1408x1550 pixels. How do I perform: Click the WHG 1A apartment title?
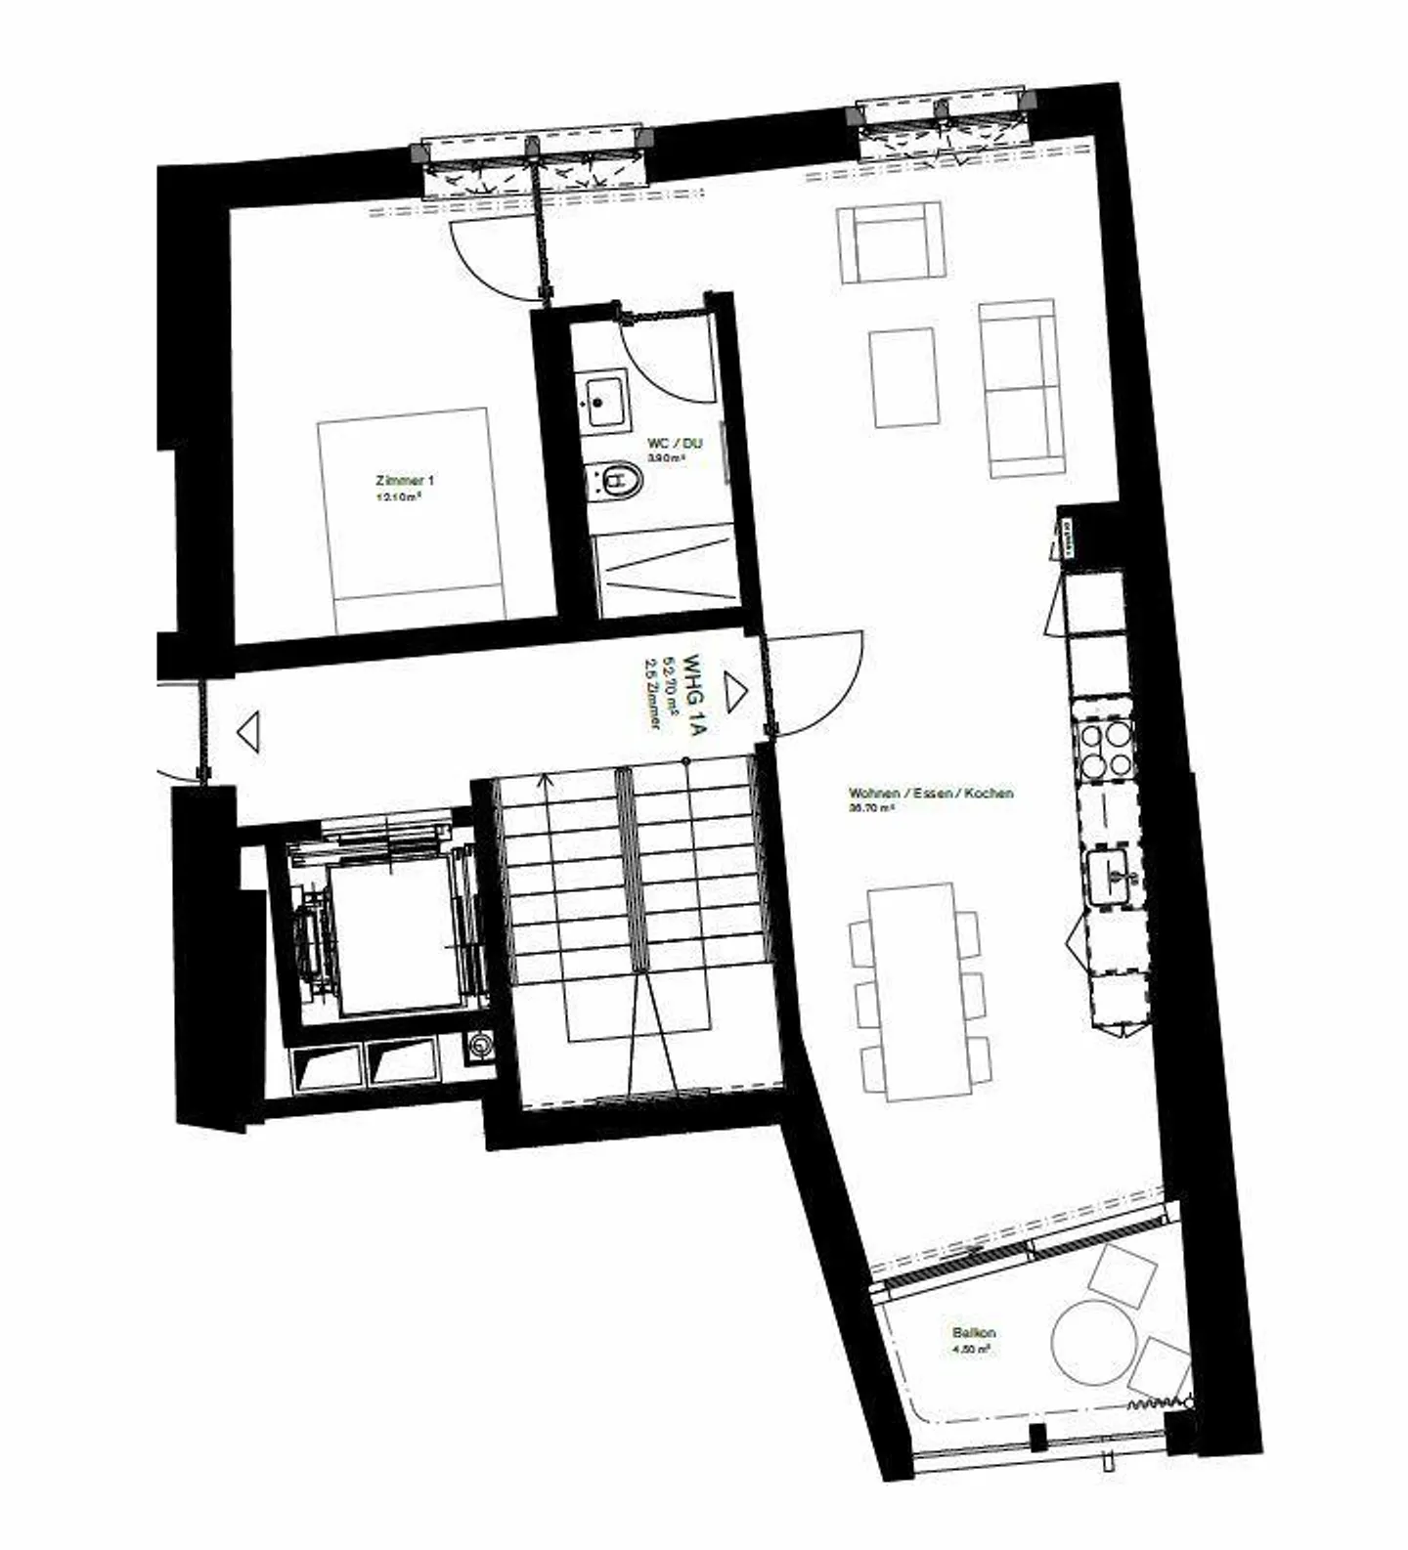(x=693, y=694)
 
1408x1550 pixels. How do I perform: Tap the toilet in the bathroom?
(x=614, y=480)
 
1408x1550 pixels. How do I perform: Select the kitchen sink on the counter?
(x=1113, y=876)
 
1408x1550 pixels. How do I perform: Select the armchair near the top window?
(x=891, y=241)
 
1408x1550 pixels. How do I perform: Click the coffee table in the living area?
(x=904, y=377)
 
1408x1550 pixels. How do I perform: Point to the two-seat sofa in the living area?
(x=1022, y=388)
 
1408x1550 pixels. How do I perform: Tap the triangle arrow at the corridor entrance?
(x=248, y=732)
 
